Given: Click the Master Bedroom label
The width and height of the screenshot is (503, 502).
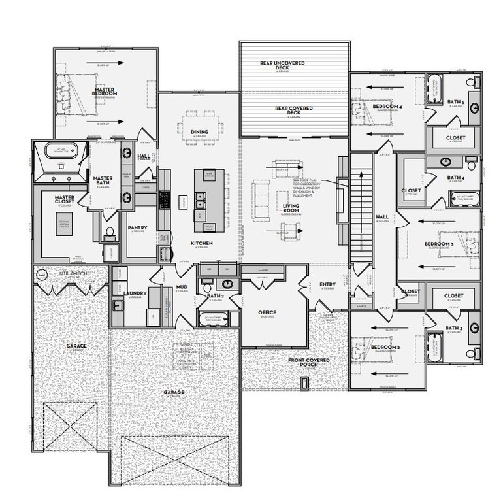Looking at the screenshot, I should tap(104, 90).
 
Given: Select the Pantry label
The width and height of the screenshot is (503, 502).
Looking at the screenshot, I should tap(137, 228).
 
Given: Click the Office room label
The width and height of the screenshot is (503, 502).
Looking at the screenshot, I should tap(267, 312).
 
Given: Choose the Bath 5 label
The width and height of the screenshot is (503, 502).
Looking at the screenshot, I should tap(455, 101).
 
